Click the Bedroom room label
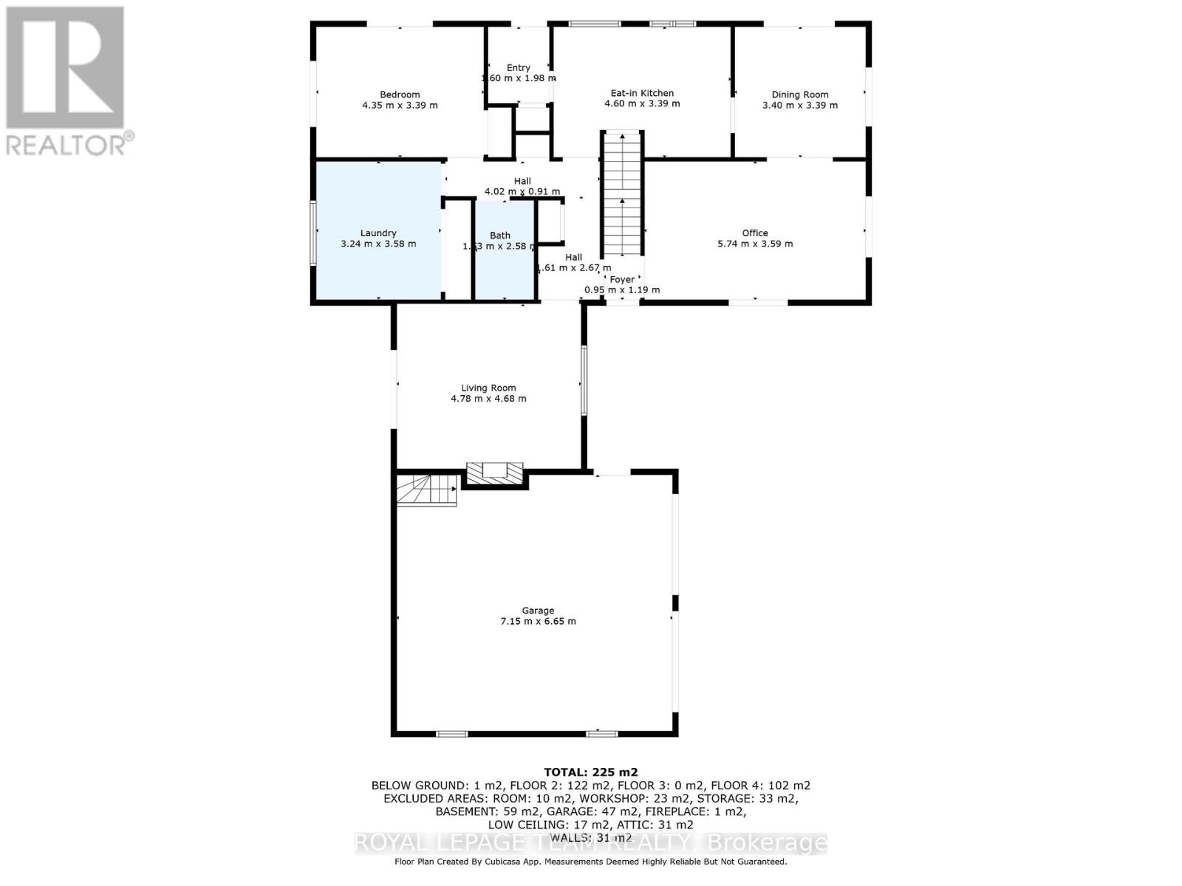[400, 95]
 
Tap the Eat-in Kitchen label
[641, 93]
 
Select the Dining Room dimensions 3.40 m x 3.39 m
[799, 106]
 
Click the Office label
[754, 233]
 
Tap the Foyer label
[621, 279]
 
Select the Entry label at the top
[518, 67]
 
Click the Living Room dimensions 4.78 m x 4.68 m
[488, 399]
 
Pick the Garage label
[537, 611]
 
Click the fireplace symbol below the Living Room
[495, 473]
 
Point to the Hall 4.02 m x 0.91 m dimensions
[522, 192]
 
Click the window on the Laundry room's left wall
[313, 233]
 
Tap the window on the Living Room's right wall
[583, 380]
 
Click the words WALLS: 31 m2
[590, 837]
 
